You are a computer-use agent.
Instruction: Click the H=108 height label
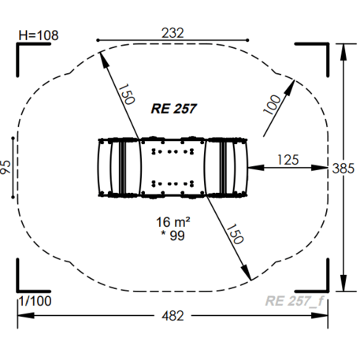click(x=39, y=35)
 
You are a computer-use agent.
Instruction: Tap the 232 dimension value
click(x=173, y=33)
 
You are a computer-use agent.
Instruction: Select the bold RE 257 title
click(x=174, y=109)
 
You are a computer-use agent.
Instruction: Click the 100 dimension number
click(x=272, y=105)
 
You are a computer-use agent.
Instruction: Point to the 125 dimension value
click(x=288, y=160)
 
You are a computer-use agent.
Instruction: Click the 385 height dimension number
click(x=343, y=169)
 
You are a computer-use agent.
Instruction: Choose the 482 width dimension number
click(x=173, y=316)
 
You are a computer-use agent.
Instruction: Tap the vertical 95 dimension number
click(x=6, y=167)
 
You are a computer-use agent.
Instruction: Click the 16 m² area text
click(x=173, y=222)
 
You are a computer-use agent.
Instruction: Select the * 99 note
click(x=173, y=236)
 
